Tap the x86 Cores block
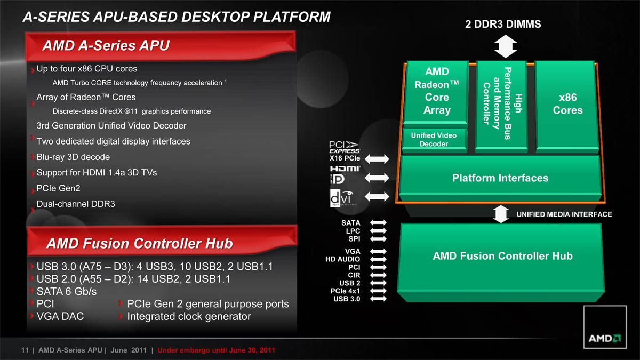pos(567,106)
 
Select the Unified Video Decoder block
pos(434,140)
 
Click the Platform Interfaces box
pos(500,178)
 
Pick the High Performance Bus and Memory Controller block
pos(501,106)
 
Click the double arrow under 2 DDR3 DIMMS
pos(506,46)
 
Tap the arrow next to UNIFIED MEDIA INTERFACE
pos(501,214)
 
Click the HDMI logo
pos(345,169)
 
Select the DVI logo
pos(342,198)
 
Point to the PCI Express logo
pos(345,147)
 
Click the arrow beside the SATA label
pos(378,222)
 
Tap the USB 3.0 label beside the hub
pos(347,299)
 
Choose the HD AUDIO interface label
pos(342,259)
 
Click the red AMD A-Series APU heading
pos(106,45)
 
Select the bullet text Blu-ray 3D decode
pos(73,157)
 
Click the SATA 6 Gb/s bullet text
pos(67,291)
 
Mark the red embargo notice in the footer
pos(216,350)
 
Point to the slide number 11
pos(25,350)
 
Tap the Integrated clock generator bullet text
pos(189,316)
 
